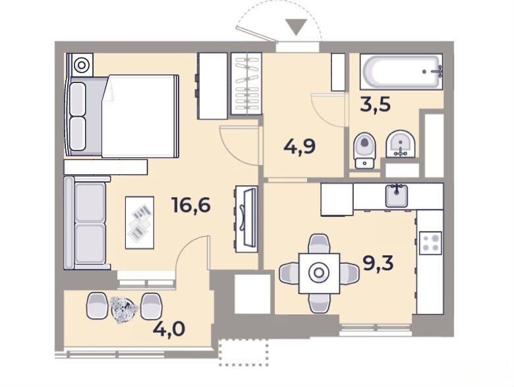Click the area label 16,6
click(191, 206)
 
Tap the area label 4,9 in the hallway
click(300, 146)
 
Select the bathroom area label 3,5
click(376, 105)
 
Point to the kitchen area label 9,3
click(378, 263)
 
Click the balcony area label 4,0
click(169, 328)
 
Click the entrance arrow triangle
click(296, 27)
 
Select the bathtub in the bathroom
click(401, 72)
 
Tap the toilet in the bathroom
click(364, 150)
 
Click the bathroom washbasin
click(400, 144)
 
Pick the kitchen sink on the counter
click(397, 196)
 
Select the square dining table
click(319, 273)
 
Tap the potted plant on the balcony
click(124, 309)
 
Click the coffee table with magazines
click(140, 222)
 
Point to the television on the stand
click(250, 217)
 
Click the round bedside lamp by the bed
click(81, 65)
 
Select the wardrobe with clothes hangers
click(246, 84)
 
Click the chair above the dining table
click(319, 243)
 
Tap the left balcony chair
click(97, 306)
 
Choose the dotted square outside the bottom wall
click(244, 353)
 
